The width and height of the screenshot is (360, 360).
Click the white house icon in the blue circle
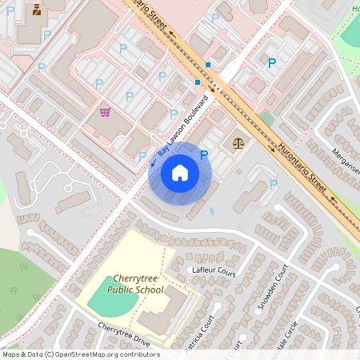tap(180, 173)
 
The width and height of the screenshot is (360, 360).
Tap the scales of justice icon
tap(238, 142)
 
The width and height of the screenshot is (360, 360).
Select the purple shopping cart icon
tap(105, 112)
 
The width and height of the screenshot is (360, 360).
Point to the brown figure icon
tap(37, 10)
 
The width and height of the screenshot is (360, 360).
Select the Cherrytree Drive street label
tap(124, 335)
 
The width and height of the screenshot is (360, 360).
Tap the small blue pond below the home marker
tap(212, 212)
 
